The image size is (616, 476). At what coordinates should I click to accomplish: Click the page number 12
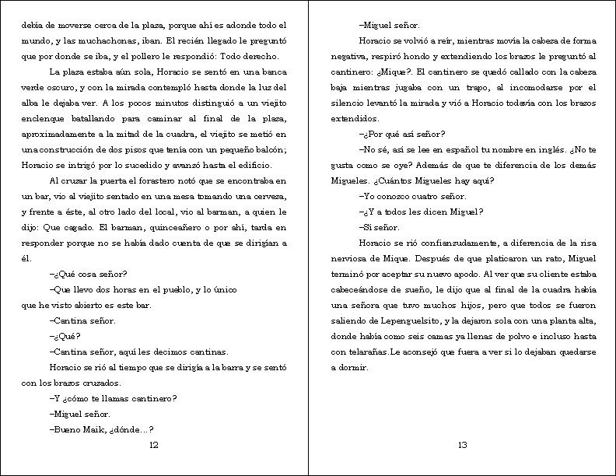(x=153, y=445)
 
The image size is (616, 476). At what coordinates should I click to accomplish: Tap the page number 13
(x=462, y=445)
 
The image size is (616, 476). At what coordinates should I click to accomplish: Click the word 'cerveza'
(x=267, y=196)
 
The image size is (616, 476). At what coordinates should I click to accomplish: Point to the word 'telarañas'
(x=363, y=352)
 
